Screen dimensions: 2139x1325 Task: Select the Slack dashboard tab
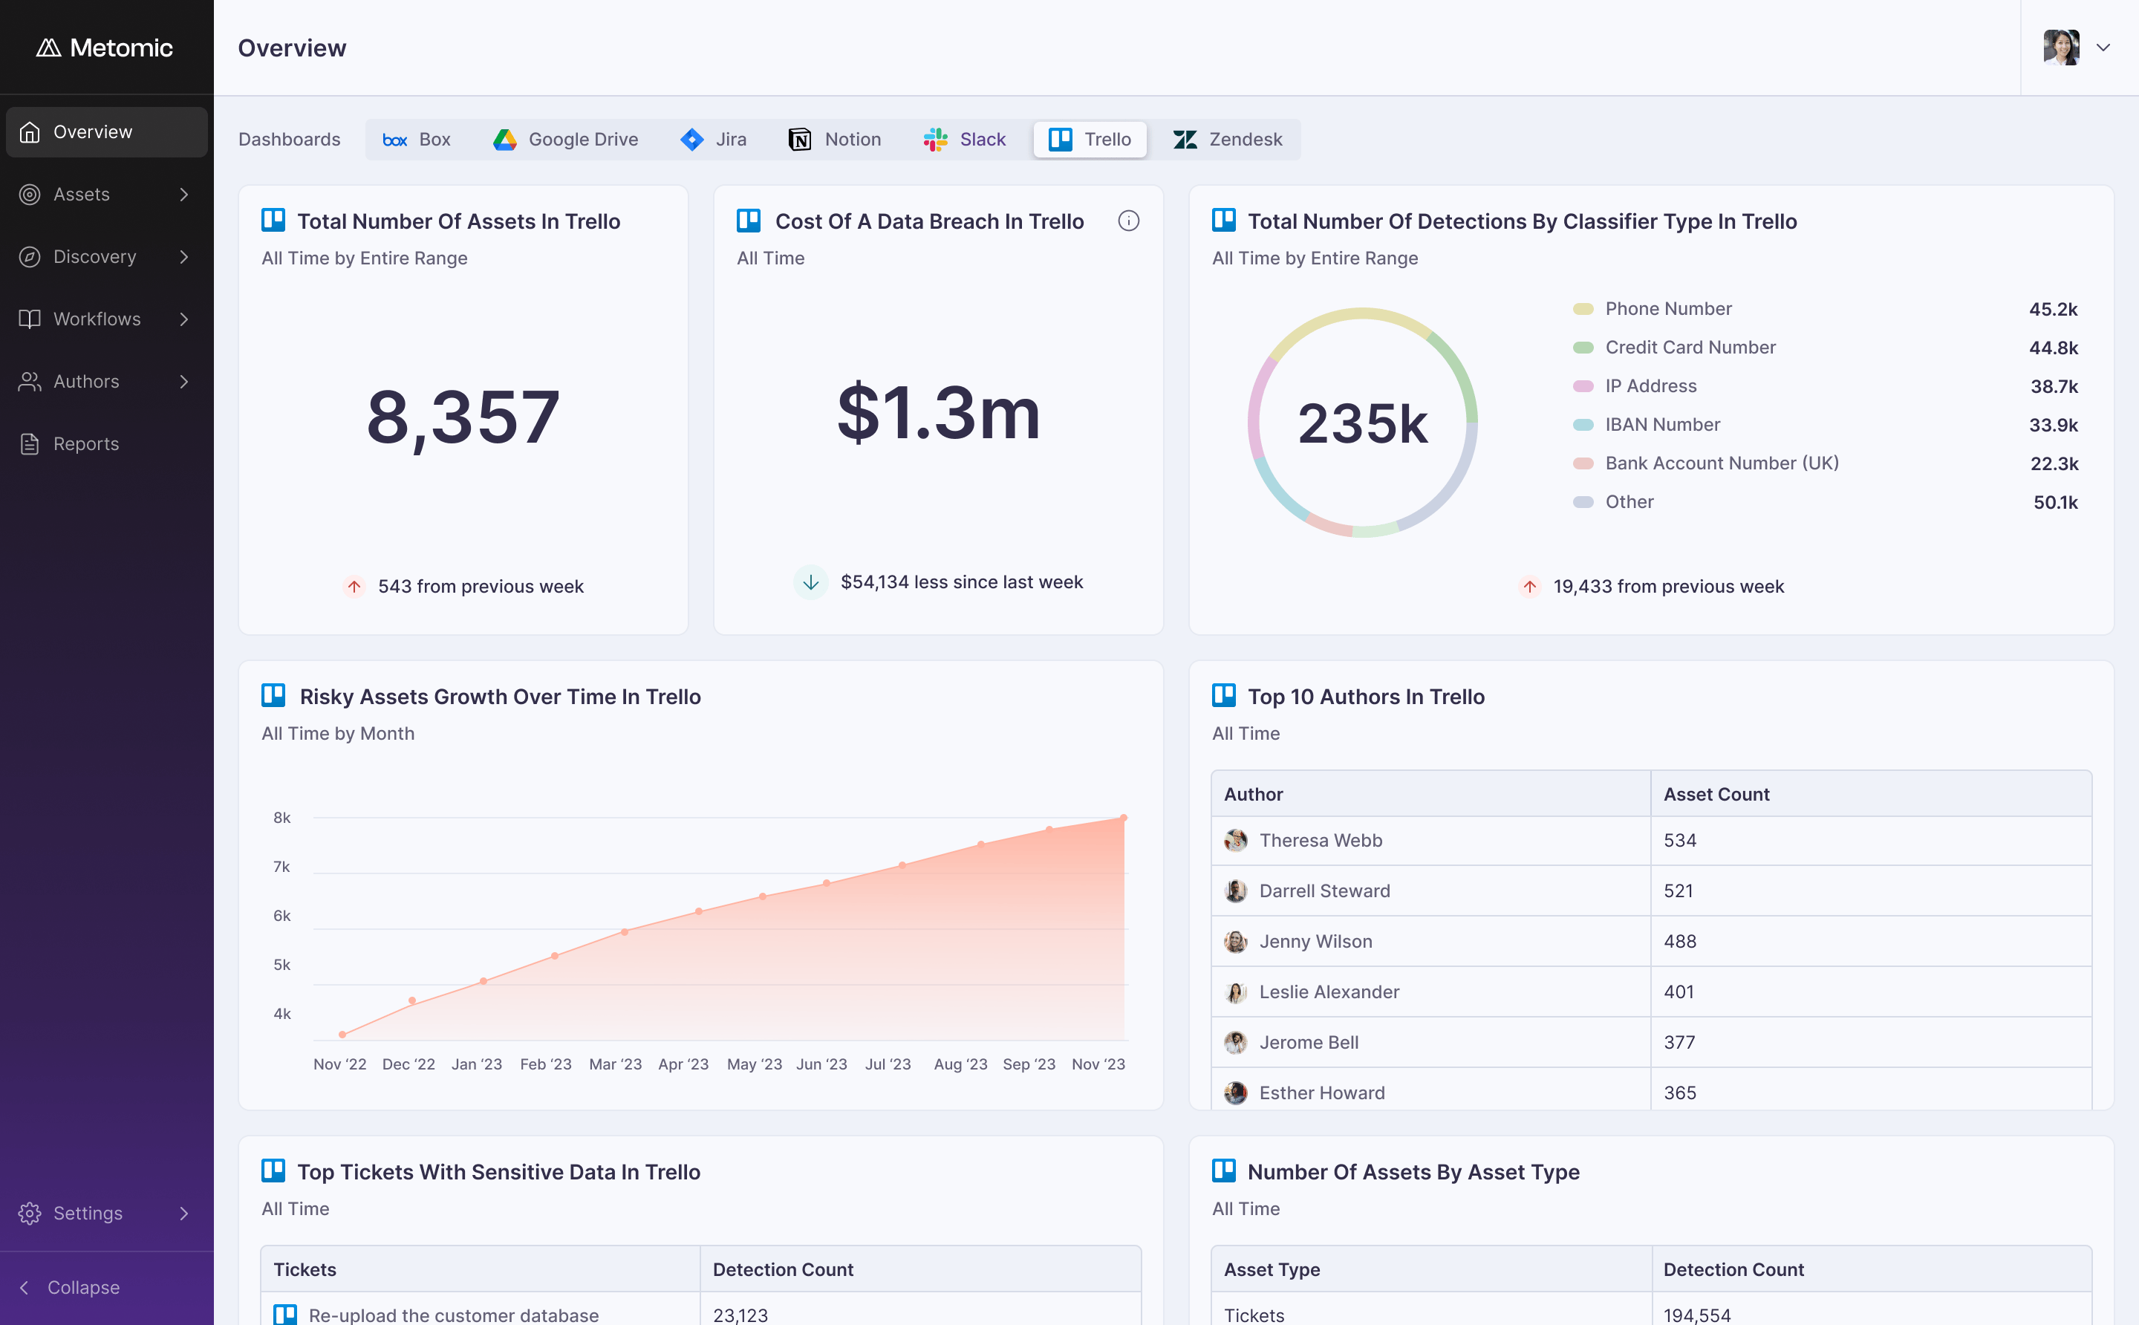[x=965, y=140]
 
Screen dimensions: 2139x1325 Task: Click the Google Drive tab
[x=565, y=140]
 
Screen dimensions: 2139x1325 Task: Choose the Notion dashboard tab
[x=835, y=140]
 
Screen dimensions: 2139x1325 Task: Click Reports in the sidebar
[x=86, y=443]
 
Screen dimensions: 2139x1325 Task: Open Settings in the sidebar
[x=88, y=1213]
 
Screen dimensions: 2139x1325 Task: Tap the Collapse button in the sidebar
[x=83, y=1287]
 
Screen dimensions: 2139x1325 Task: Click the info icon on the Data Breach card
[x=1129, y=221]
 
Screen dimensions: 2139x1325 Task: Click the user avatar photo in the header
[x=2061, y=48]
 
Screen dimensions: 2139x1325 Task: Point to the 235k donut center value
[x=1363, y=423]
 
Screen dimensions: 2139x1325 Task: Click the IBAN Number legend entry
[x=1662, y=424]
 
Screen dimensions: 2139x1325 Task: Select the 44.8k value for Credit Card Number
[x=2053, y=348]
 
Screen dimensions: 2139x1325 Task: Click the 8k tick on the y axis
[x=281, y=818]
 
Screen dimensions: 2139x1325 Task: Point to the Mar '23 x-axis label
[x=615, y=1064]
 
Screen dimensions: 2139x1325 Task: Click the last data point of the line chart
[x=1124, y=818]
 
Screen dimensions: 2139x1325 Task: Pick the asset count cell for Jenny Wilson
[x=1680, y=941]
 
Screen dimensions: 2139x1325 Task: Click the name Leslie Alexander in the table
[x=1329, y=992]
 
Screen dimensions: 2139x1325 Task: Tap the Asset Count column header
[x=1716, y=794]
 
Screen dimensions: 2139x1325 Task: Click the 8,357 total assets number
[x=463, y=417]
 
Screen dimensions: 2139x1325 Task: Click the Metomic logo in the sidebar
[x=104, y=48]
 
